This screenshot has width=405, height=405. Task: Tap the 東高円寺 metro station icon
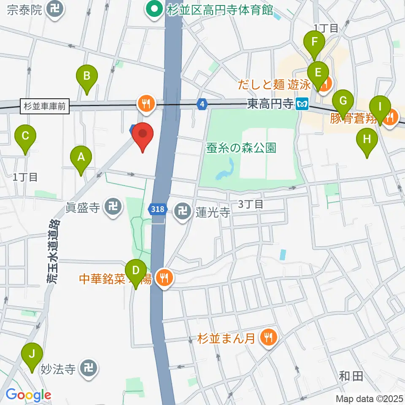pyautogui.click(x=302, y=103)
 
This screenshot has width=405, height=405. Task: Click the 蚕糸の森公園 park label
pyautogui.click(x=241, y=148)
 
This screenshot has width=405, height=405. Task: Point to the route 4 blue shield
pyautogui.click(x=203, y=103)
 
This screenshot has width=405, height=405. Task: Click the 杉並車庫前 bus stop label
pyautogui.click(x=44, y=106)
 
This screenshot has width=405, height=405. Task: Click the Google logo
pyautogui.click(x=28, y=395)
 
